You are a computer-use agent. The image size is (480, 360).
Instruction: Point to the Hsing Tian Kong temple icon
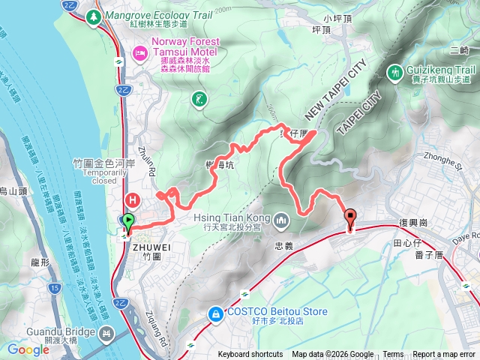click(281, 220)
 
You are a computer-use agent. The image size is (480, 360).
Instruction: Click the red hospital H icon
click(133, 200)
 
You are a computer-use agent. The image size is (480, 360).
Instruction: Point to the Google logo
click(28, 349)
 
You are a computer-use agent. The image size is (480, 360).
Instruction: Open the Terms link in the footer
click(393, 355)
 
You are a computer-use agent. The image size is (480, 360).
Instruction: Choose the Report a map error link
click(444, 355)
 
